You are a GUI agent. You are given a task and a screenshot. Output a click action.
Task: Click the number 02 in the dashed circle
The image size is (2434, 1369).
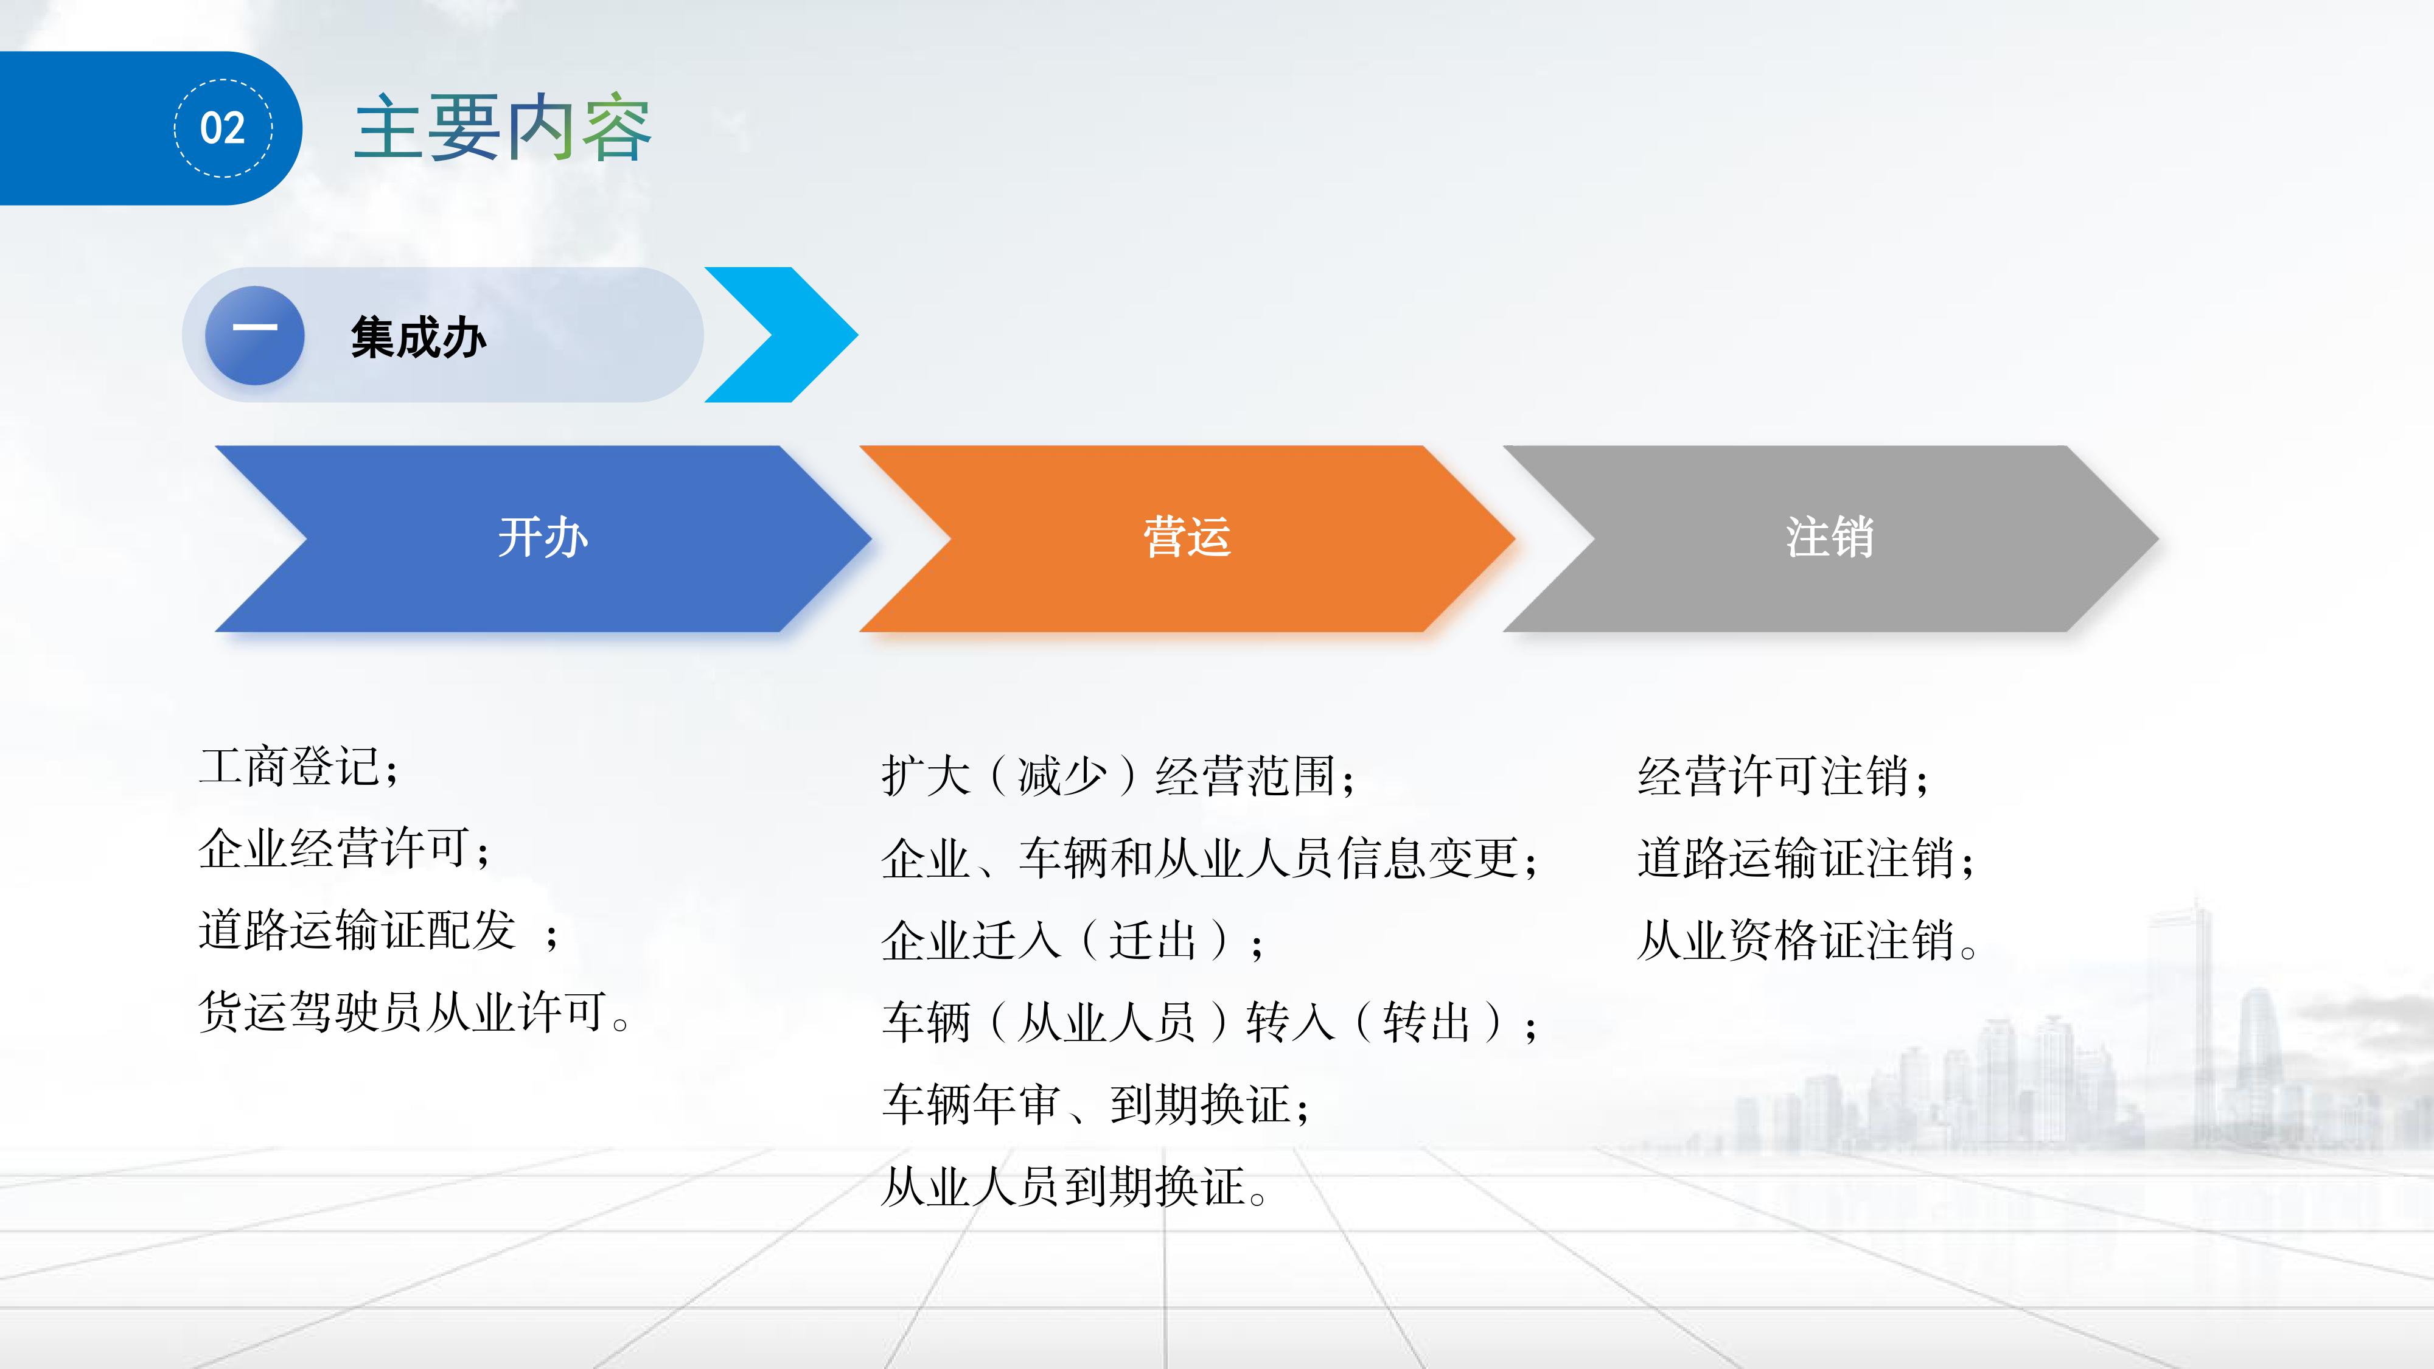click(x=223, y=128)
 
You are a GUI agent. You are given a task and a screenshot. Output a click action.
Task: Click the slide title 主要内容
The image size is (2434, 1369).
click(x=503, y=128)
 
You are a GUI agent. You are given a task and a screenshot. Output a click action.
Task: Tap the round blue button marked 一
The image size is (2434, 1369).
click(x=255, y=335)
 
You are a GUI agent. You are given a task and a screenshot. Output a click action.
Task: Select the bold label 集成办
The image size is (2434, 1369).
click(x=419, y=337)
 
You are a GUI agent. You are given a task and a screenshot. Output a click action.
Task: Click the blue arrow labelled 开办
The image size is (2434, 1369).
click(x=543, y=538)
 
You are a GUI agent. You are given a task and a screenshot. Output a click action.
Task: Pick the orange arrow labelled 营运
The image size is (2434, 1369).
click(x=1187, y=538)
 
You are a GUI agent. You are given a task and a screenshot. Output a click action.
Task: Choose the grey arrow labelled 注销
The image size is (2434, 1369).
click(x=1830, y=538)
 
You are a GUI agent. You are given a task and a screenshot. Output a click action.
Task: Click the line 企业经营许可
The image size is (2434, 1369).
click(x=345, y=848)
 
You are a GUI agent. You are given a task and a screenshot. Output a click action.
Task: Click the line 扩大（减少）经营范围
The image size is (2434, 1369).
click(x=1120, y=776)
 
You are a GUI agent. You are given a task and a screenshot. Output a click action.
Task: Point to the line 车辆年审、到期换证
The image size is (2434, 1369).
click(x=1096, y=1104)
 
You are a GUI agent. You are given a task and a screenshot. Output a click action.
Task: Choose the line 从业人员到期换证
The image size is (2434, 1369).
click(x=1075, y=1186)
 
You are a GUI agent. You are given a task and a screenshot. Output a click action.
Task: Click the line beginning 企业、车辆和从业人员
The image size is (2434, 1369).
click(x=1210, y=859)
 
